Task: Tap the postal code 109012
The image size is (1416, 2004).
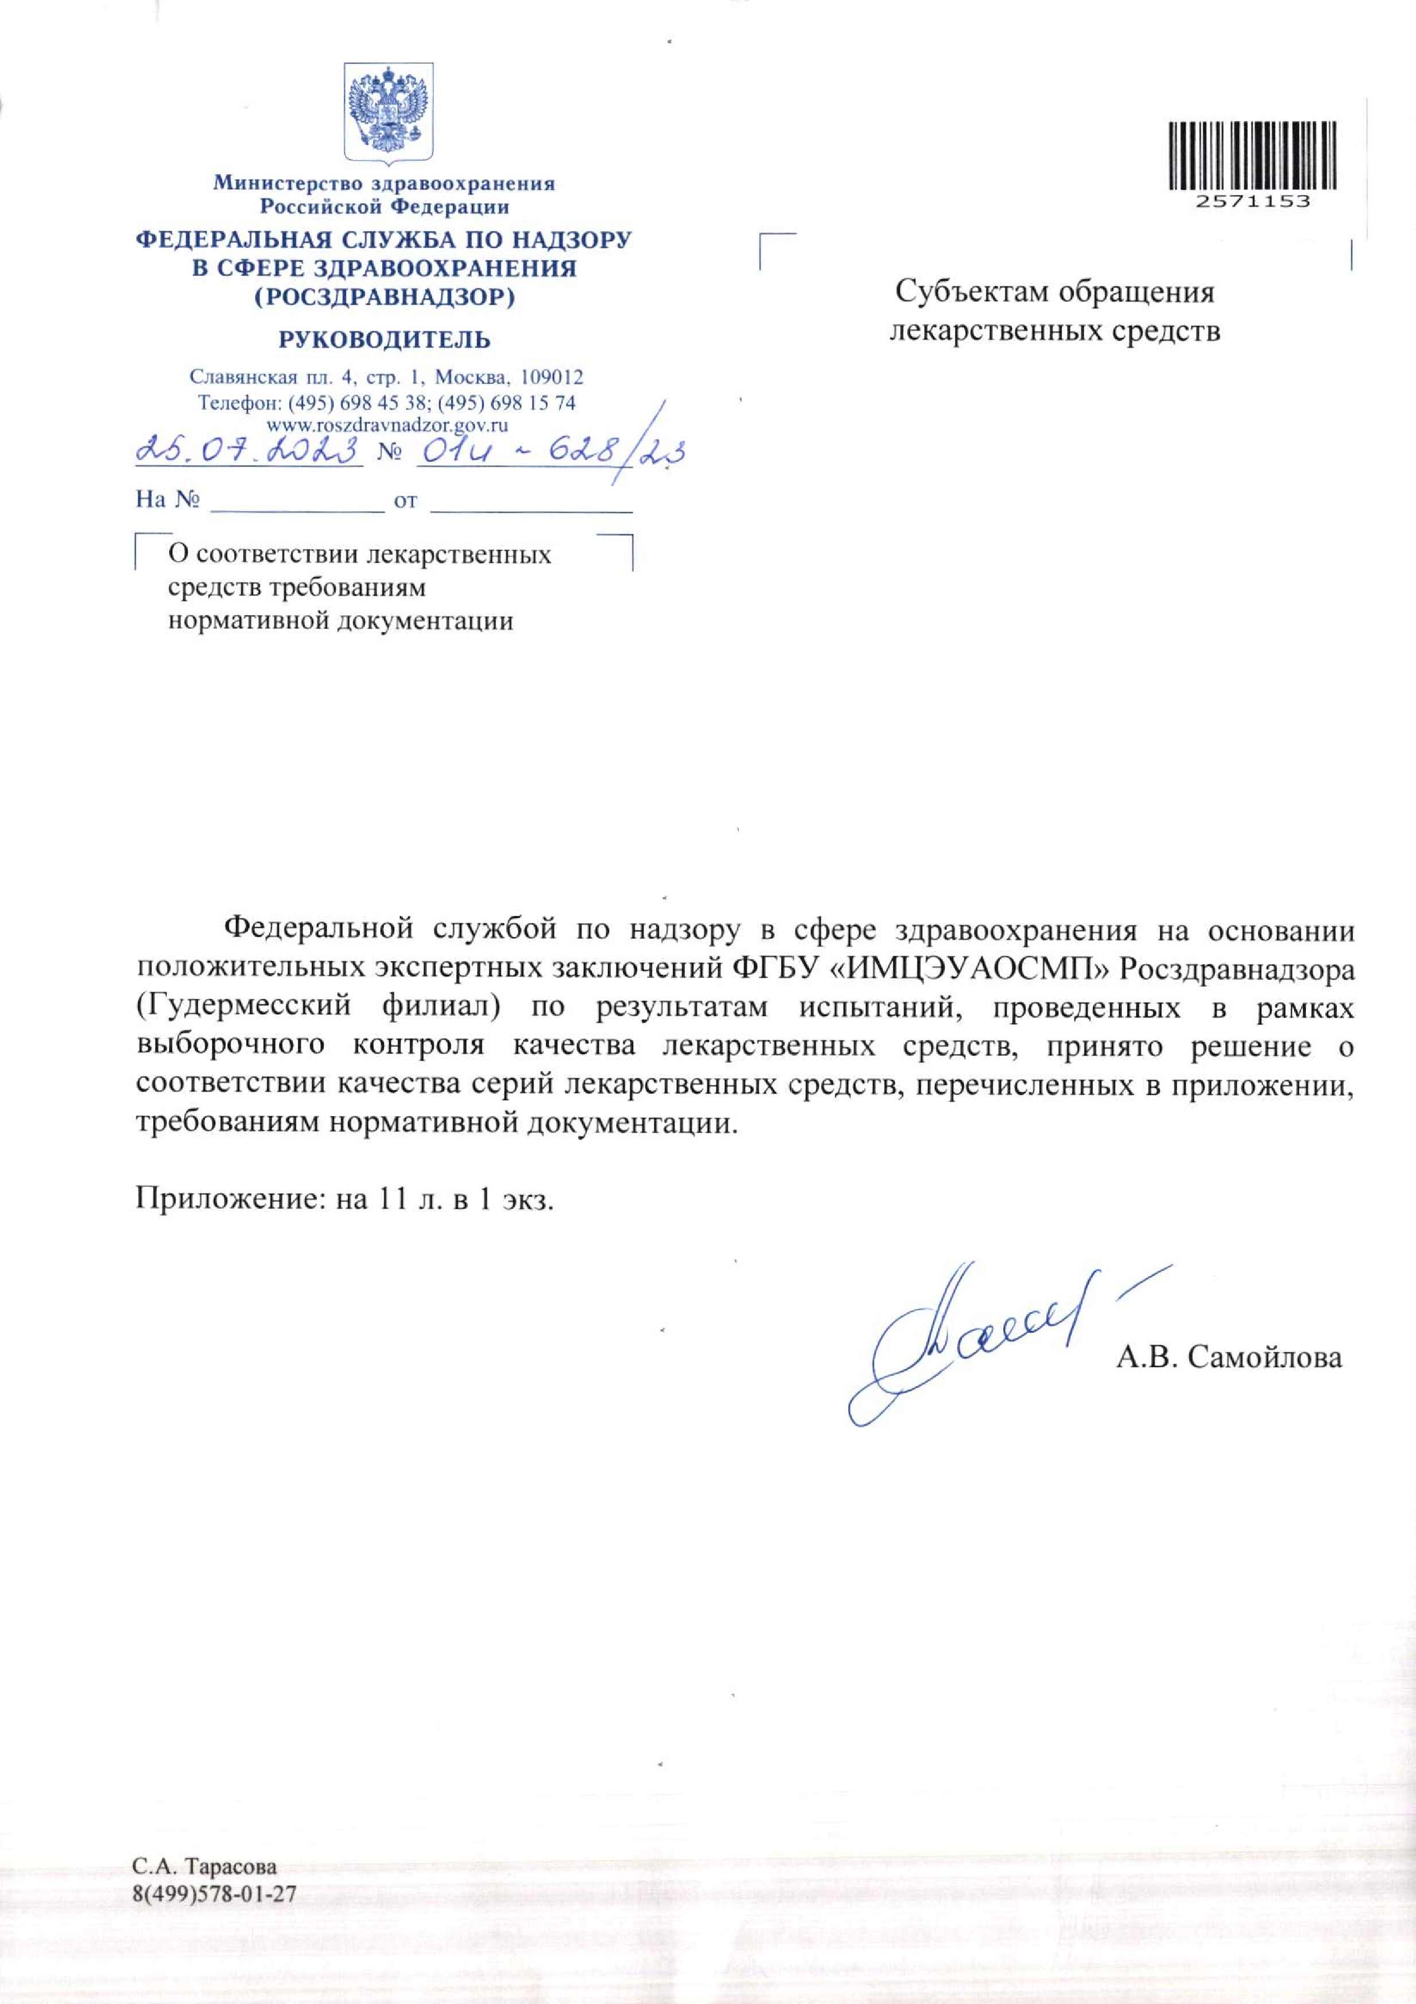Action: click(x=551, y=378)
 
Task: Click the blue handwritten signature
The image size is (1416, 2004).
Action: click(x=977, y=1340)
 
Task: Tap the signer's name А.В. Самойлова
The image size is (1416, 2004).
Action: click(x=1229, y=1357)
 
